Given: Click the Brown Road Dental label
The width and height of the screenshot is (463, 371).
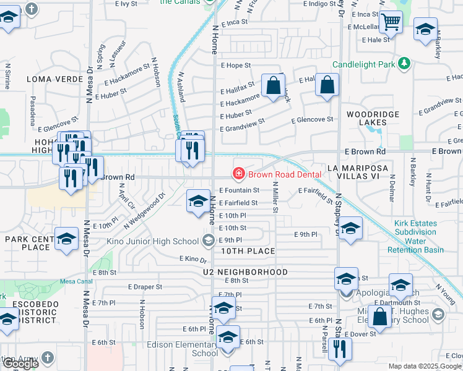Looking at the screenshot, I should (285, 174).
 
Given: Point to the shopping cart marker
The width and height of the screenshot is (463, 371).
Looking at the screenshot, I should (391, 23).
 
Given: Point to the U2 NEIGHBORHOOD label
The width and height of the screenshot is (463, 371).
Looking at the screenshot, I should (244, 272).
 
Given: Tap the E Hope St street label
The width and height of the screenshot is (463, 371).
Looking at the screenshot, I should (235, 65).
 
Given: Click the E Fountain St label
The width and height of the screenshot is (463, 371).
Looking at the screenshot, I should (239, 190).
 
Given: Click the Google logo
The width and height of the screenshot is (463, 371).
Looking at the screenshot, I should (20, 364).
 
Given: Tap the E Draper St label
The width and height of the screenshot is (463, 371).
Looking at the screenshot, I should (145, 287).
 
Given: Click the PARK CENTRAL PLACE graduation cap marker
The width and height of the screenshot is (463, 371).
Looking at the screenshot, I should (66, 239).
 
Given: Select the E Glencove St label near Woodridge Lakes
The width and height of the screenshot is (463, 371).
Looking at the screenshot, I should (312, 119).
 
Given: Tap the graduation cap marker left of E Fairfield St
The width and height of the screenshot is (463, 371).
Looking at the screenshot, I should (198, 201).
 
